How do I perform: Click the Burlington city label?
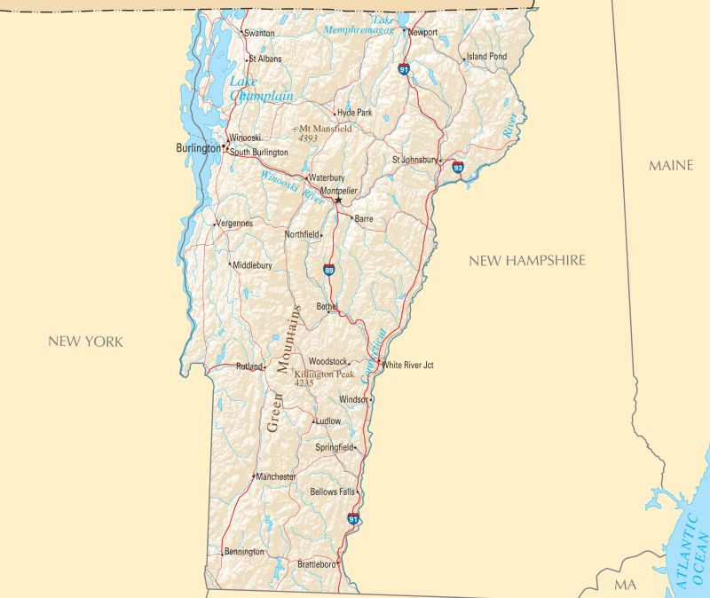pos(197,148)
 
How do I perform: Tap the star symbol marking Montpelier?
pos(338,200)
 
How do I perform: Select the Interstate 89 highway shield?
pos(329,270)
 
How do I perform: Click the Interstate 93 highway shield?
pos(457,167)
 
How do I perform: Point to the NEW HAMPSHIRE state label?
pos(527,261)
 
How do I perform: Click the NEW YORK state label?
pos(85,342)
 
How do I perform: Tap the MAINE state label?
pos(671,166)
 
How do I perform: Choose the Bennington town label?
pos(244,552)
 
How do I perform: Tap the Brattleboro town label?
pos(316,563)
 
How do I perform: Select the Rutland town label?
pos(249,366)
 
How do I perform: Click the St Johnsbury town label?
pos(414,160)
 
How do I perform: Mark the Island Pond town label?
pos(487,56)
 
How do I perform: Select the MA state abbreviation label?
pos(625,585)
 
